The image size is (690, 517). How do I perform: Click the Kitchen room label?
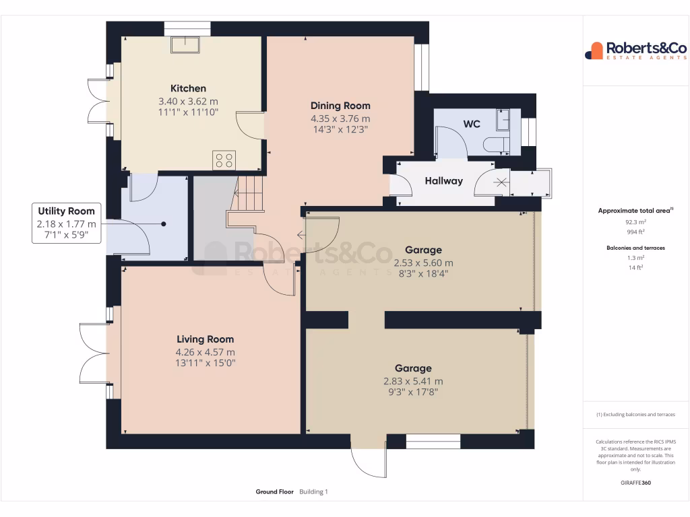[x=188, y=89]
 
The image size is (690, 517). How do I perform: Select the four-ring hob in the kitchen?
[x=224, y=160]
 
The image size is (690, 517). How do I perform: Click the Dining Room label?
[x=340, y=106]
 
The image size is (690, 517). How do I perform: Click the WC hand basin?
[x=503, y=120]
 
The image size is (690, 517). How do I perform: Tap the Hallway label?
[x=443, y=181]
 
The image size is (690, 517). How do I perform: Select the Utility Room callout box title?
[x=66, y=211]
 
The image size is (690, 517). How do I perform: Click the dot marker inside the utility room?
[x=163, y=223]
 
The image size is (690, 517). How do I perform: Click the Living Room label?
[x=206, y=339]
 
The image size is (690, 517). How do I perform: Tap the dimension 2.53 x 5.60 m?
[x=423, y=263]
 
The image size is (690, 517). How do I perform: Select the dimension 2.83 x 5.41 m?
[x=413, y=381]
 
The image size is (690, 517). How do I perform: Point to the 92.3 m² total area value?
[x=635, y=221]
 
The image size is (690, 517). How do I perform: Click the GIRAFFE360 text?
[x=635, y=483]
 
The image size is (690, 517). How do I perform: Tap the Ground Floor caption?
[x=274, y=492]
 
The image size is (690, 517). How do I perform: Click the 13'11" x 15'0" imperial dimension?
[x=206, y=364]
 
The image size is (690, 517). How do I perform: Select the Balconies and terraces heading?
[x=635, y=248]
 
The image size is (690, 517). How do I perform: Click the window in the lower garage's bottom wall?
[x=433, y=442]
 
